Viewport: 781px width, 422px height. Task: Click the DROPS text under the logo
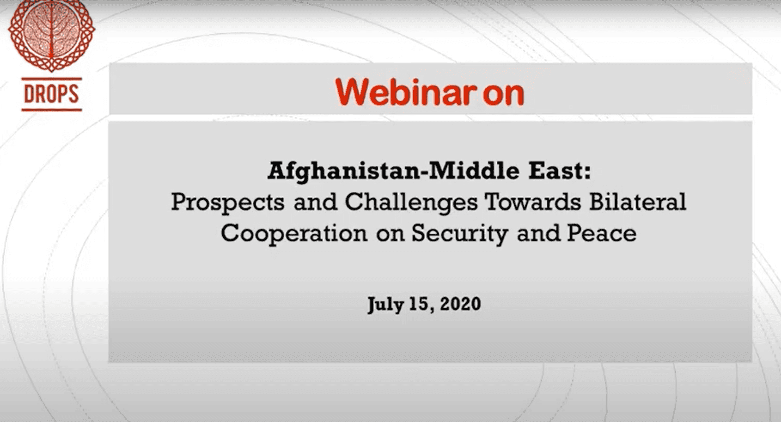click(51, 94)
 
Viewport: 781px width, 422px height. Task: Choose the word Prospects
click(228, 203)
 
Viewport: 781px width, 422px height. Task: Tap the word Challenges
click(411, 203)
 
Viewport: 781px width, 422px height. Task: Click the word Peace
click(601, 233)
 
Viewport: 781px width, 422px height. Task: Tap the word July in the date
click(385, 305)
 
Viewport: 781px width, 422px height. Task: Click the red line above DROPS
click(52, 79)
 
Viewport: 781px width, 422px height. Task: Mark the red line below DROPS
click(52, 110)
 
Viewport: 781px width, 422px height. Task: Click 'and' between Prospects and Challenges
click(315, 202)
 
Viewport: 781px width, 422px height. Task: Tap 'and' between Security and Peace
click(537, 233)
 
